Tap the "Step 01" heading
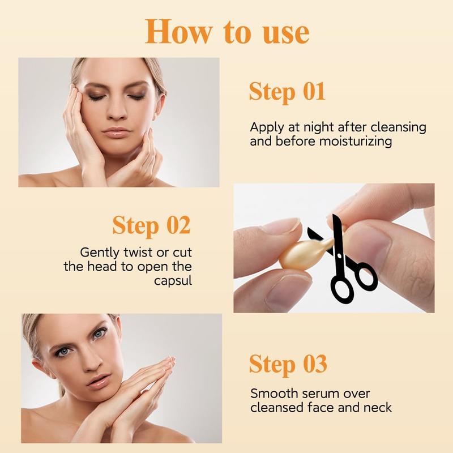287,92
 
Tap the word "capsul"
173,280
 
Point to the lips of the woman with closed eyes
117,134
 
